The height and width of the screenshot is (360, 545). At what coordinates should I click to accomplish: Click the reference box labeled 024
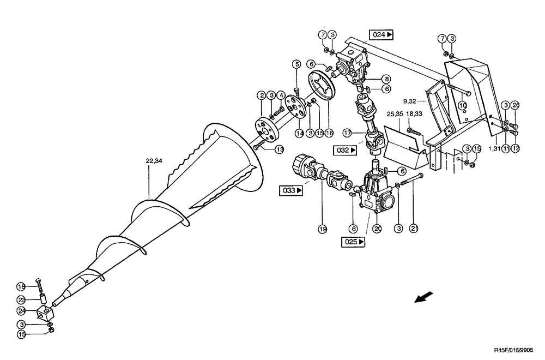[383, 34]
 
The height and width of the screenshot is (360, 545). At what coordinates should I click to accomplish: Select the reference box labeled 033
[292, 191]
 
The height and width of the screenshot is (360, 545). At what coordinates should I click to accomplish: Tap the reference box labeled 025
[354, 242]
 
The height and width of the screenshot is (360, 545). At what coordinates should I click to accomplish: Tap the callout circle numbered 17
[347, 133]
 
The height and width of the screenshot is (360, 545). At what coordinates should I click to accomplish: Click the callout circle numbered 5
[297, 64]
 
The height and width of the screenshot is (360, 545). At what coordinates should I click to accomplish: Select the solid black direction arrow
[425, 297]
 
